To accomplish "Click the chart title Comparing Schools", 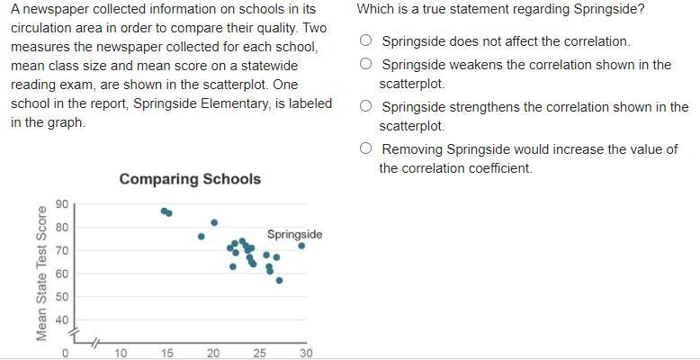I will [x=190, y=178].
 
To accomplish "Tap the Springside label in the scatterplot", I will [x=294, y=234].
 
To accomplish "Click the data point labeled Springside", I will [x=301, y=246].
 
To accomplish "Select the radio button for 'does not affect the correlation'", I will [x=365, y=40].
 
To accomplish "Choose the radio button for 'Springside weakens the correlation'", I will [x=365, y=64].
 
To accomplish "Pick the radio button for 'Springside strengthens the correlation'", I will [x=365, y=106].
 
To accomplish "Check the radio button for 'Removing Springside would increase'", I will [x=365, y=148].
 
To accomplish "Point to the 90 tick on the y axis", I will [x=60, y=204].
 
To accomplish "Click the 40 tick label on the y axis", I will [x=60, y=320].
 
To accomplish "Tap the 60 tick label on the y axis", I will [x=60, y=274].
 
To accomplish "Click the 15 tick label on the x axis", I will [x=166, y=354].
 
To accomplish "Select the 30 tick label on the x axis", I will [x=306, y=354].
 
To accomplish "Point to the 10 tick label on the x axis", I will [x=121, y=354].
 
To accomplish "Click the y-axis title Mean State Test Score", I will [x=41, y=273].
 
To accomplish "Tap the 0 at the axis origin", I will [x=65, y=354].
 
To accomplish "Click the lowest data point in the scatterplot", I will [x=279, y=280].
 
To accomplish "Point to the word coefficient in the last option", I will [x=501, y=168].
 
